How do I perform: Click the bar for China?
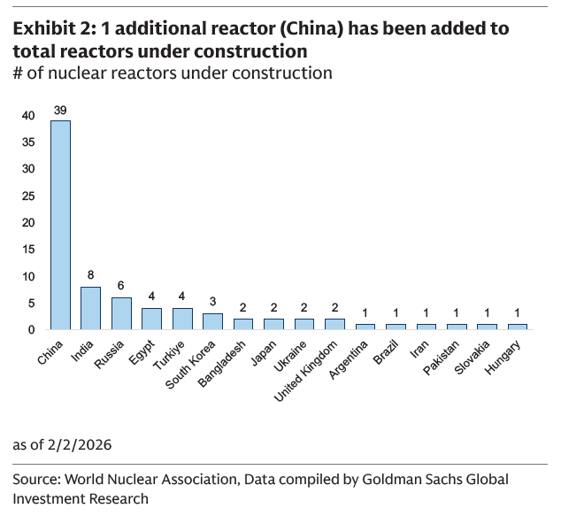[60, 225]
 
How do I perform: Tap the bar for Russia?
[121, 313]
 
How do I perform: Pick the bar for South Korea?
[212, 321]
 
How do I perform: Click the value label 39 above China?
[60, 110]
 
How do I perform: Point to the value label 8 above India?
[91, 276]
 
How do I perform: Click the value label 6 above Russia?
[121, 287]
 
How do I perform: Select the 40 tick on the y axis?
[29, 115]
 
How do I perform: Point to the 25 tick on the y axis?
[29, 196]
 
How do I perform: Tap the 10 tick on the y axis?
[29, 276]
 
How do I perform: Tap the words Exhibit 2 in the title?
[52, 28]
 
